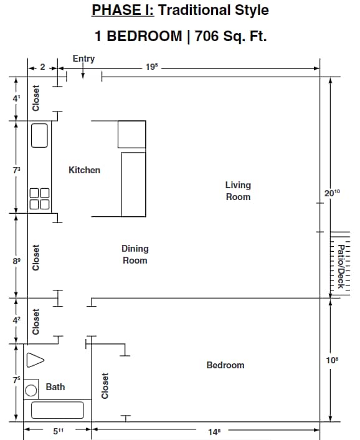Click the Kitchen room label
[x=84, y=170]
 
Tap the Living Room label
[x=238, y=191]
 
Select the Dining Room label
[x=135, y=254]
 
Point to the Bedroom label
[x=225, y=365]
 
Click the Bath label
[x=55, y=387]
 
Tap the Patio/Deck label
[x=341, y=265]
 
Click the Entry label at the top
[x=83, y=59]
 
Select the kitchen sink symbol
[x=39, y=135]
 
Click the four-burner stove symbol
[x=39, y=199]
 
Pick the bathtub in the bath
[x=57, y=410]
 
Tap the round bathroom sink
[x=31, y=391]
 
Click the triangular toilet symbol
[x=36, y=360]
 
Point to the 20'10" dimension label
[x=333, y=193]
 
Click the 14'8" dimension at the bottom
[x=214, y=430]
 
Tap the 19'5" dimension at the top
[x=151, y=67]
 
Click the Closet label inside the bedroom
[x=105, y=386]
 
